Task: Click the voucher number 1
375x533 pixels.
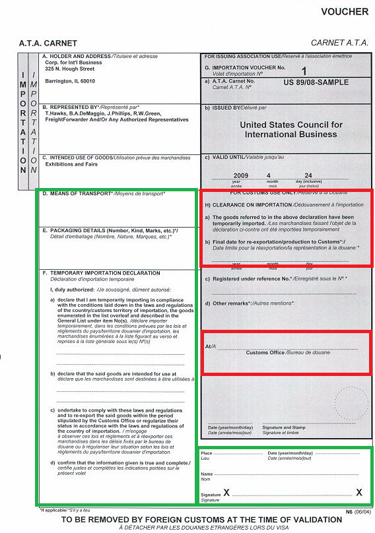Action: pos(304,70)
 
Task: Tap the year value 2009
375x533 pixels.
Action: pos(240,175)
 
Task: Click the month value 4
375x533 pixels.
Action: pos(269,175)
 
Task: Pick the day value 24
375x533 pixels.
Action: pos(308,175)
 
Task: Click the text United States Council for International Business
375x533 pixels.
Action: pos(291,129)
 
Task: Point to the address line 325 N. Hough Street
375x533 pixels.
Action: pos(70,69)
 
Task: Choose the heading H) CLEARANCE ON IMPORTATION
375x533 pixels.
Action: pos(256,205)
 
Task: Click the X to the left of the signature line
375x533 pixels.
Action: pos(226,492)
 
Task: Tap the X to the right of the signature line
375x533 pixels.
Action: pos(358,492)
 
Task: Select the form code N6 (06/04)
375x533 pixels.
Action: pos(358,512)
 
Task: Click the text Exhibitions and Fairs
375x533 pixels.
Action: pos(72,164)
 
